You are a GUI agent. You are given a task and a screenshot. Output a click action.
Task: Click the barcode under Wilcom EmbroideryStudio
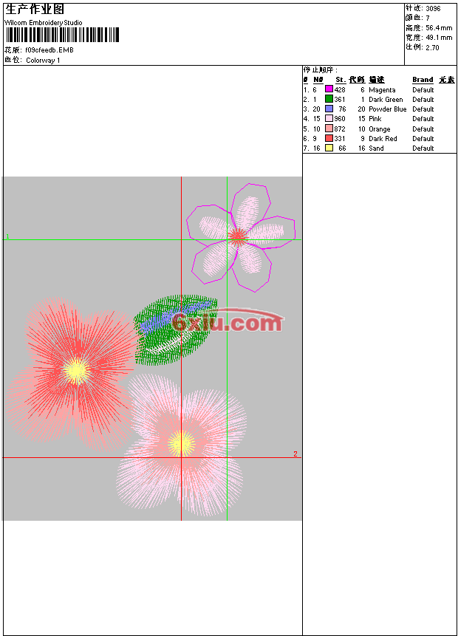click(63, 35)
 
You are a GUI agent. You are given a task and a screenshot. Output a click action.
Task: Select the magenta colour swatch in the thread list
click(329, 89)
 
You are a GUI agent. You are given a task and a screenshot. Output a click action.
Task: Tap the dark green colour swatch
click(329, 99)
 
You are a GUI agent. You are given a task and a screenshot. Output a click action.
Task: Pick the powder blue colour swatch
click(329, 109)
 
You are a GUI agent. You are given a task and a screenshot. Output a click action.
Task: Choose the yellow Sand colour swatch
click(329, 148)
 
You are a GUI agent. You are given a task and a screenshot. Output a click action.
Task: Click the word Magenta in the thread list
click(382, 90)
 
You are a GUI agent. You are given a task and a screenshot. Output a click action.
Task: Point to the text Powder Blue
click(387, 109)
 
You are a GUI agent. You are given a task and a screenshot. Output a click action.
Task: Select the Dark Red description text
click(383, 139)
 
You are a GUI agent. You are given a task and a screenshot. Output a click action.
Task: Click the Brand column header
click(423, 80)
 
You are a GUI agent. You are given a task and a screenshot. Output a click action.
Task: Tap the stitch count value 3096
click(433, 9)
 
